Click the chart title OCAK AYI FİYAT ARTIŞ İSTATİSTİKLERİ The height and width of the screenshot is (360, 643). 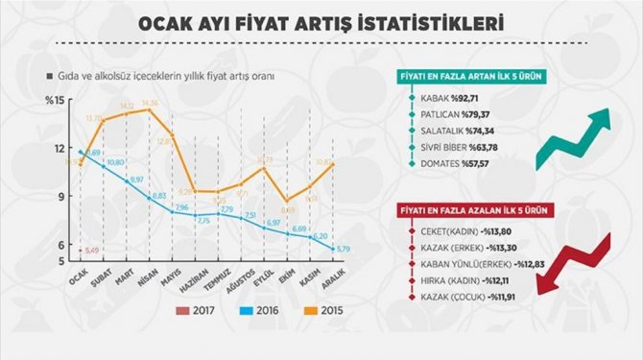[321, 20]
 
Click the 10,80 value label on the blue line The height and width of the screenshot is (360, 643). [115, 163]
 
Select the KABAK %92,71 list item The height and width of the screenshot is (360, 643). [453, 98]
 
